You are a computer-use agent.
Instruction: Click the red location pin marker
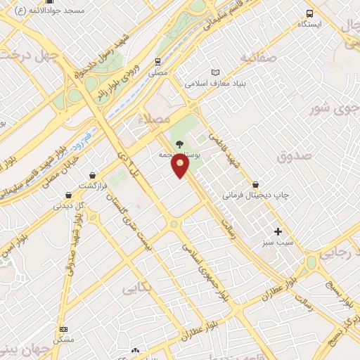[x=181, y=166]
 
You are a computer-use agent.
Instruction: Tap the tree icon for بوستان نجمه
[x=179, y=143]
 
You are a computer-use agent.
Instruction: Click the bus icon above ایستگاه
[x=309, y=13]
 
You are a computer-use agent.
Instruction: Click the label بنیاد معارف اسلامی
[x=214, y=83]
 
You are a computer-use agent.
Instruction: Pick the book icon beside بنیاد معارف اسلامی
[x=215, y=72]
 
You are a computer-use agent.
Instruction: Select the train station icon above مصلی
[x=160, y=62]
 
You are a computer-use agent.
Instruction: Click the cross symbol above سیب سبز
[x=278, y=231]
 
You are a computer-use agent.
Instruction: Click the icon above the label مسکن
[x=63, y=329]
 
